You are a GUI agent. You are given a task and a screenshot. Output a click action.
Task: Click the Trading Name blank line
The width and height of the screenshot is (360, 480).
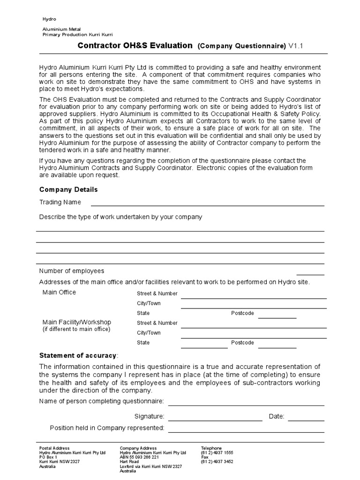click(x=207, y=205)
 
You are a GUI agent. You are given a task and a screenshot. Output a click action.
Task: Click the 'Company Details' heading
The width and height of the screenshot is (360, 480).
click(x=68, y=189)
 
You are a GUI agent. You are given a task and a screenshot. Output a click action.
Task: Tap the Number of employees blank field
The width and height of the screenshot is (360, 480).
click(x=310, y=274)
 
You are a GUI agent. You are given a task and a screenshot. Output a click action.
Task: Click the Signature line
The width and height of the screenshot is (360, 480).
click(x=215, y=420)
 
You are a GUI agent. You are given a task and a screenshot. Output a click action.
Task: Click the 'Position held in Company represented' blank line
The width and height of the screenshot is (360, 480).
click(x=246, y=431)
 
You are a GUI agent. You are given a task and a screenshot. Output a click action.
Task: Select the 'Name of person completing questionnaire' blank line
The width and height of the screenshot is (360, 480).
click(x=246, y=405)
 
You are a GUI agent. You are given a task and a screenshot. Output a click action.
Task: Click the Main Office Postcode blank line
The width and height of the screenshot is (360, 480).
click(x=277, y=317)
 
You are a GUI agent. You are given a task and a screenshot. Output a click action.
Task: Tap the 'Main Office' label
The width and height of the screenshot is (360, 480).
click(x=59, y=292)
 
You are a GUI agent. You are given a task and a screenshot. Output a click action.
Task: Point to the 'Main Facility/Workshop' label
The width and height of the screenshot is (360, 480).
click(x=77, y=322)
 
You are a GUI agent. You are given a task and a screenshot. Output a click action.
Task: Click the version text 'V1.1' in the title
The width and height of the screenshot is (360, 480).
click(x=299, y=46)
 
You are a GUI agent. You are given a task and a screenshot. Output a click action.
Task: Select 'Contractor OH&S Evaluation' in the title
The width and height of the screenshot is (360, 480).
click(x=135, y=45)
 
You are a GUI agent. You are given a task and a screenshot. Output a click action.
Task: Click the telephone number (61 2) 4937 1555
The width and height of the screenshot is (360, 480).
click(x=217, y=453)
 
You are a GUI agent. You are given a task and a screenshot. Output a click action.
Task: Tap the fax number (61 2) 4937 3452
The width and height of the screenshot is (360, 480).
click(x=217, y=462)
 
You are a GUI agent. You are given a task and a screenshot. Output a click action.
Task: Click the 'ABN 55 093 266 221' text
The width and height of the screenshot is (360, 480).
click(x=140, y=457)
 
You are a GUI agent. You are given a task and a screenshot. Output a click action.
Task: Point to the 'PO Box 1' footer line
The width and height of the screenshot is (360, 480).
click(x=48, y=457)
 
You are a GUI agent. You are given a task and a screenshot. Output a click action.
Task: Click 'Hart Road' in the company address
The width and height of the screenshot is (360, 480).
click(x=129, y=462)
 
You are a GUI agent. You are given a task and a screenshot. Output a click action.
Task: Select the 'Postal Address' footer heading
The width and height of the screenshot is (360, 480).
click(x=54, y=448)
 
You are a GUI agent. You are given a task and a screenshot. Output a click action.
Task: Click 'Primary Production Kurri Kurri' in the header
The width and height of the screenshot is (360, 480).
click(x=77, y=35)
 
